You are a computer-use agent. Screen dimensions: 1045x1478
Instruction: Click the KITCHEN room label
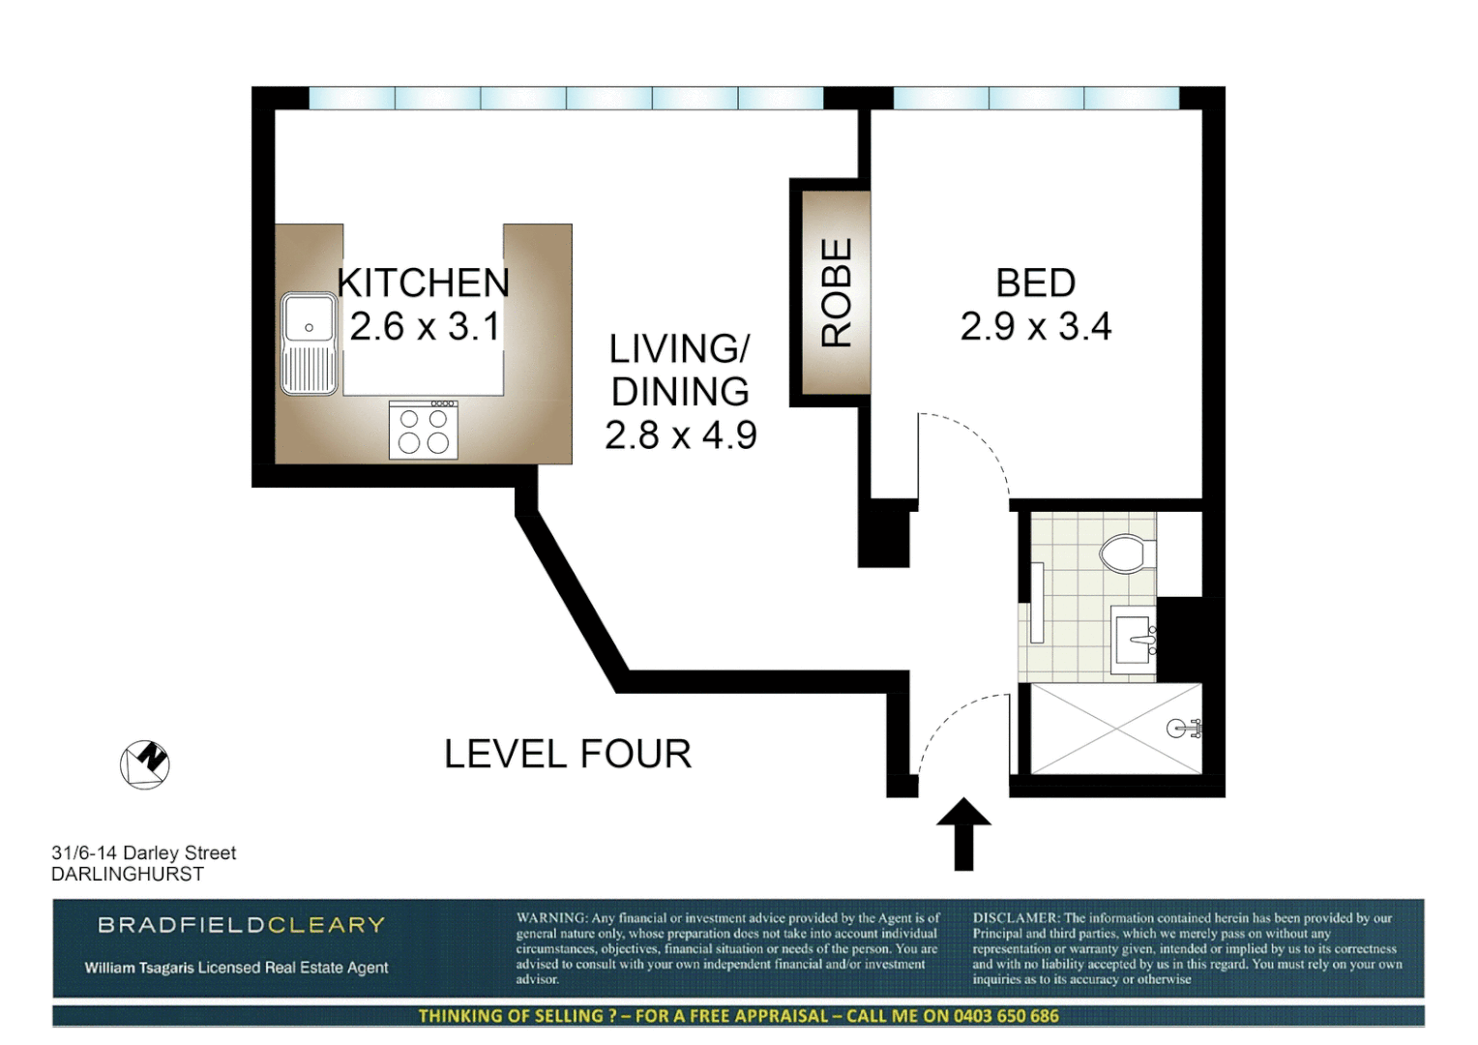click(x=423, y=283)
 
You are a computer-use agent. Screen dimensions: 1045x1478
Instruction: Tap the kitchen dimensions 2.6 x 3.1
click(x=425, y=327)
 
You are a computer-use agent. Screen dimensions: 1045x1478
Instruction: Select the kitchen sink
click(x=310, y=343)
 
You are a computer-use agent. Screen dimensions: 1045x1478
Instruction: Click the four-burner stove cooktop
click(x=424, y=431)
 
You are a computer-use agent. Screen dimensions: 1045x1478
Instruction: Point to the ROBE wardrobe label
click(x=837, y=292)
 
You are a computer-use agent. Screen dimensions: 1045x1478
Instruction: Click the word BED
click(x=1035, y=283)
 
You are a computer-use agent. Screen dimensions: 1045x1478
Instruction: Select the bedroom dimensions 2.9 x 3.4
click(x=1035, y=327)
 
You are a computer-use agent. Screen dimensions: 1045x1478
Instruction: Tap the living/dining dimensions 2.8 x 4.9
click(x=680, y=435)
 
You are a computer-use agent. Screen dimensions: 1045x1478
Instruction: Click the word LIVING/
click(x=679, y=348)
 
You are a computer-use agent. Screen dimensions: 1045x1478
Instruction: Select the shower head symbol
click(x=1182, y=729)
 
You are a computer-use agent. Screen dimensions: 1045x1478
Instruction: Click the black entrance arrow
click(x=963, y=834)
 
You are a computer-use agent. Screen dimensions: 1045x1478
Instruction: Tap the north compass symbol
click(x=145, y=764)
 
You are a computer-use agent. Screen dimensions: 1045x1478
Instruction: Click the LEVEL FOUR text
click(x=568, y=754)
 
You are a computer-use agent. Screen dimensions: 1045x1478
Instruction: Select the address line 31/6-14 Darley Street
click(x=143, y=852)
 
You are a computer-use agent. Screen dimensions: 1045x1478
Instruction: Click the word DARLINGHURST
click(x=128, y=874)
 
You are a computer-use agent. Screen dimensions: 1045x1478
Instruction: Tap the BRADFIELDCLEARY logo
click(x=241, y=925)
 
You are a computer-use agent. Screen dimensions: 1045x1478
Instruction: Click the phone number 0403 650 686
click(x=1006, y=1016)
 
